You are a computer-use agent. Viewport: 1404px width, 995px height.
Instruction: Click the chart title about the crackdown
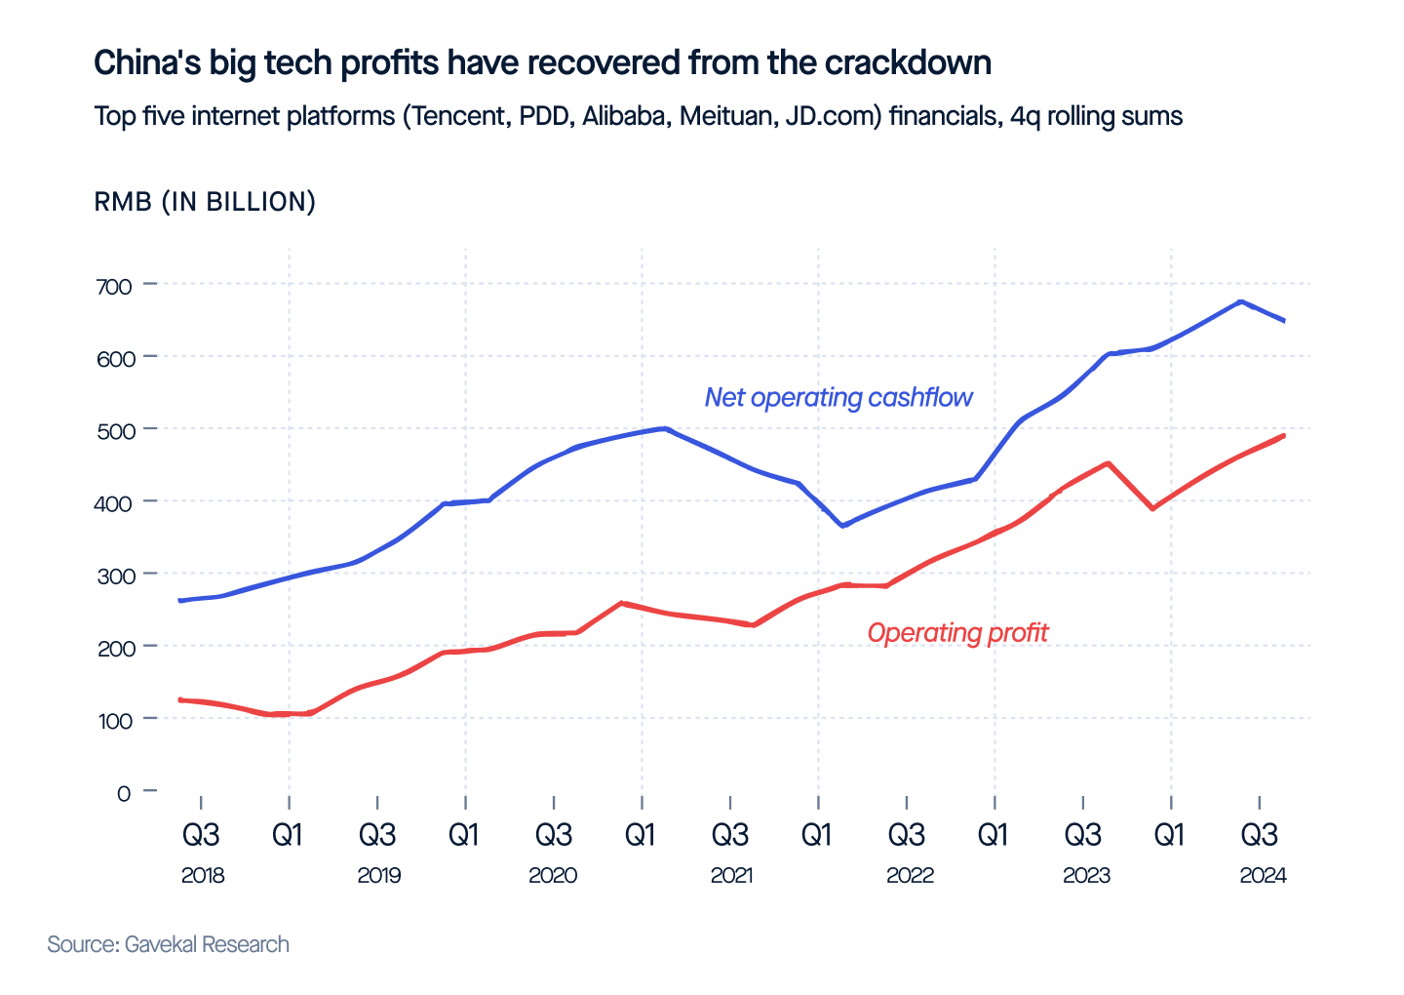click(x=542, y=63)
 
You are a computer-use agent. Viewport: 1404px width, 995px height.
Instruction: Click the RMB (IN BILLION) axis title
click(x=205, y=202)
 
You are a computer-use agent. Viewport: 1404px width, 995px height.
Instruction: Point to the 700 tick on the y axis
click(x=113, y=285)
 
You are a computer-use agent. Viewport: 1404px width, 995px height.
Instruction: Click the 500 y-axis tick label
click(x=113, y=429)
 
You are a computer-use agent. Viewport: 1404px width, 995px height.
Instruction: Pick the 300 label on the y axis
click(x=113, y=575)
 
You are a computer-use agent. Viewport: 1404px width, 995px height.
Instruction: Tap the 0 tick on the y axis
click(x=124, y=792)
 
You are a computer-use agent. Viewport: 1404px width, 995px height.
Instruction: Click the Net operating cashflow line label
click(x=838, y=397)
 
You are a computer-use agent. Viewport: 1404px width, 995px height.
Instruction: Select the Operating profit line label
click(x=957, y=633)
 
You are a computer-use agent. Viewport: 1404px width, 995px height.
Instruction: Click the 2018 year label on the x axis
click(x=203, y=875)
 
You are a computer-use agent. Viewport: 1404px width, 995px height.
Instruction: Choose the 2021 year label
click(x=731, y=875)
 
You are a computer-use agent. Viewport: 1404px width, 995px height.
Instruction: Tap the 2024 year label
click(x=1263, y=875)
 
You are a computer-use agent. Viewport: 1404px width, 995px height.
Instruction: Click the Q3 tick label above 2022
click(x=906, y=835)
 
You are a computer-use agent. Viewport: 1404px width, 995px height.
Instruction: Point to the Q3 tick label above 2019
click(x=377, y=835)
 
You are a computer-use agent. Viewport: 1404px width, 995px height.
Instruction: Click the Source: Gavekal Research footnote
click(x=168, y=944)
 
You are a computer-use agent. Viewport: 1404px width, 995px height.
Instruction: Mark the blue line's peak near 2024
click(x=1240, y=301)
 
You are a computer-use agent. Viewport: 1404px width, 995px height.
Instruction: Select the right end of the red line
click(x=1284, y=435)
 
